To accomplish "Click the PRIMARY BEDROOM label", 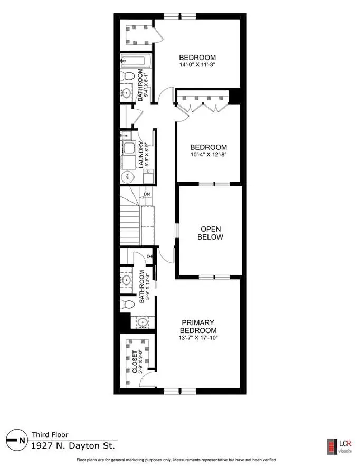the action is click(198, 326).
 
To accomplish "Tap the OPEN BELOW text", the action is click(211, 233).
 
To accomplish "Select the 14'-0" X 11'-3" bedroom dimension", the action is click(197, 64).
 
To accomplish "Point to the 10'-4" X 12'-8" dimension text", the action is click(209, 154).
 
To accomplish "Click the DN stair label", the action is click(147, 194).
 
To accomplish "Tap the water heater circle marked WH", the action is click(127, 177).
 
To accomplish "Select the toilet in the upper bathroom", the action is click(128, 76).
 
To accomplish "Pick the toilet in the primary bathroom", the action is click(127, 305).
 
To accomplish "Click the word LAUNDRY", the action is click(141, 155).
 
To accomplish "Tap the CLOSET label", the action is click(135, 362).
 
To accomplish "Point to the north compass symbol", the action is click(15, 440).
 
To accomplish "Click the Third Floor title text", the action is click(50, 434).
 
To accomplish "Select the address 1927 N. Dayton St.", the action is click(73, 445).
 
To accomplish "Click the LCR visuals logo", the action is click(339, 446).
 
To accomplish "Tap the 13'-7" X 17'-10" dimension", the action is click(198, 338).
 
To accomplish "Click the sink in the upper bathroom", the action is click(127, 93).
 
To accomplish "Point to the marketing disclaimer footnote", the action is click(177, 460).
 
